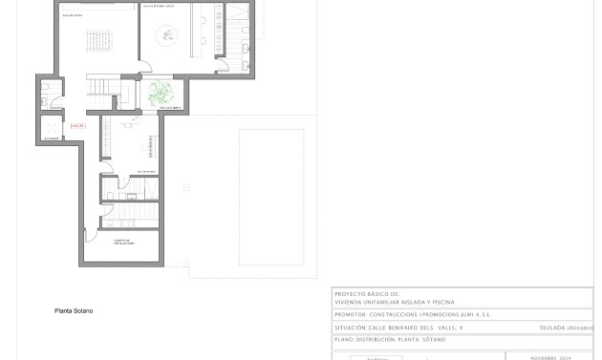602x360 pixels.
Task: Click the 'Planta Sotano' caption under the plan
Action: (x=74, y=310)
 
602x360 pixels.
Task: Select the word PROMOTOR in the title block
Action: (x=350, y=314)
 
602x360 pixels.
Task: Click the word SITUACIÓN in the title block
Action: (x=351, y=328)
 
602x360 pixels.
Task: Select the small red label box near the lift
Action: (x=78, y=125)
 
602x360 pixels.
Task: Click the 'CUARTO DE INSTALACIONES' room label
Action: (x=122, y=242)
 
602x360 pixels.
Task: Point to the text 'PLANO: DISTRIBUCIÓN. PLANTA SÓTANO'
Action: (x=390, y=339)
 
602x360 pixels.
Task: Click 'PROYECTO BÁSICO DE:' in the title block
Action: (x=367, y=294)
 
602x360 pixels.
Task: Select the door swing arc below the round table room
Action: (x=146, y=68)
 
